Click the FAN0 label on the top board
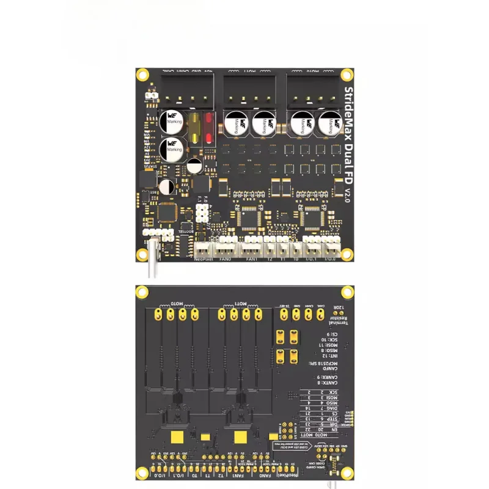(226, 259)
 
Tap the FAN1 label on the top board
(251, 259)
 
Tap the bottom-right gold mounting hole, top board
(347, 254)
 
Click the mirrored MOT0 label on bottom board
(177, 303)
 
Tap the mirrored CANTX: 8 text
(333, 383)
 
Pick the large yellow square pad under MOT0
(178, 436)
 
